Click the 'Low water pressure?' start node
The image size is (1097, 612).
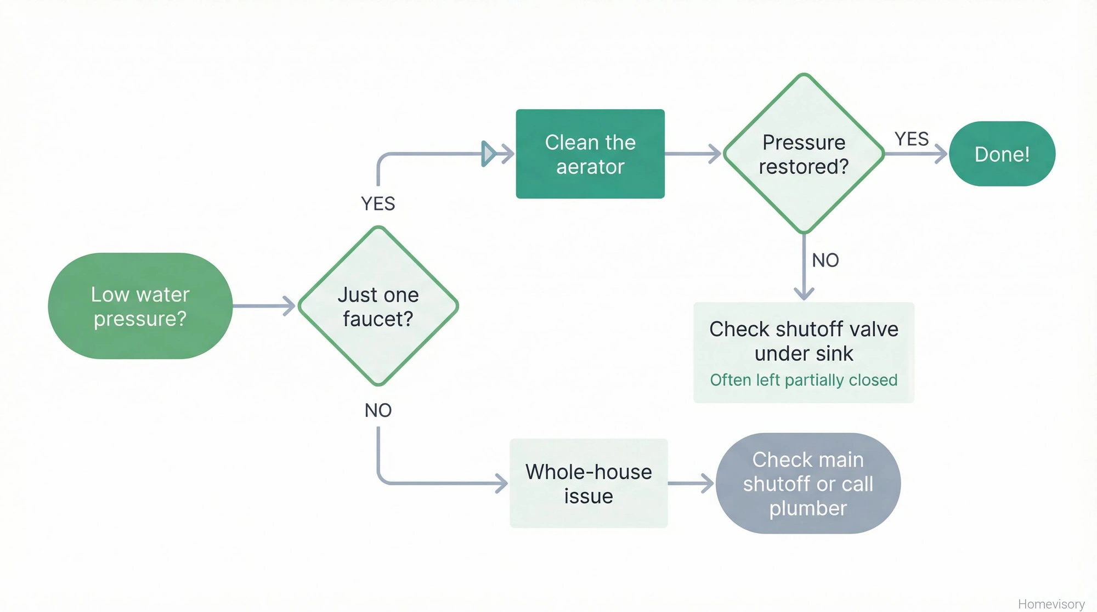(x=140, y=306)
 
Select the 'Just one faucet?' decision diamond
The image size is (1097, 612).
(x=378, y=306)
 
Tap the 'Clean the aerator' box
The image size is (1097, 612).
(x=590, y=154)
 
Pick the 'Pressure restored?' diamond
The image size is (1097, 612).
(x=804, y=154)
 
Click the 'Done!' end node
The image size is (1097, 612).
(x=1002, y=154)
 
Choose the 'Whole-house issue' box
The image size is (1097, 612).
(x=589, y=484)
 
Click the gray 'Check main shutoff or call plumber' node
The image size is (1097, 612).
(x=808, y=484)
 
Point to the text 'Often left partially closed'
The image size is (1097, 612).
(x=804, y=380)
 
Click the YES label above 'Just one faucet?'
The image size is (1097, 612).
(x=378, y=204)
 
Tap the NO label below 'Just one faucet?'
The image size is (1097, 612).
(x=378, y=410)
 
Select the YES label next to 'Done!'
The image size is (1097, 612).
(x=912, y=139)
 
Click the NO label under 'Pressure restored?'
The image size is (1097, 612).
(x=825, y=260)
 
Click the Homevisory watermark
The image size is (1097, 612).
(x=1051, y=604)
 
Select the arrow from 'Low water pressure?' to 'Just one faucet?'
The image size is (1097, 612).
(x=263, y=306)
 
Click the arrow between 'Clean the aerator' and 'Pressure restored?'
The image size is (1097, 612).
(x=692, y=154)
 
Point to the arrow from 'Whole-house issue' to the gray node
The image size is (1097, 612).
(x=690, y=484)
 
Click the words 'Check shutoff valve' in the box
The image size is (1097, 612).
(x=804, y=330)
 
